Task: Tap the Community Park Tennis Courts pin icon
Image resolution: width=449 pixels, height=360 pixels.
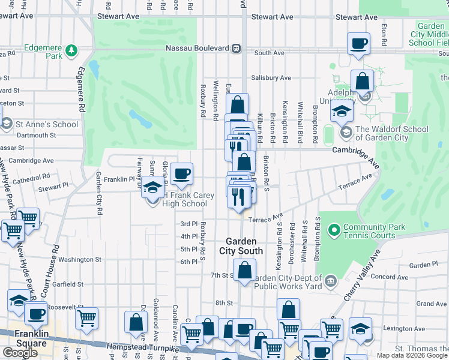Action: pos(333,229)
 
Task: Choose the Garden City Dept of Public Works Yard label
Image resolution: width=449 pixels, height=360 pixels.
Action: pos(290,281)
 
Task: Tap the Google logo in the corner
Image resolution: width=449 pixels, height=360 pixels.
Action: pos(20,353)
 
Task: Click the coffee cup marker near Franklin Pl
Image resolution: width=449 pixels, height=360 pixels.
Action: pos(181,174)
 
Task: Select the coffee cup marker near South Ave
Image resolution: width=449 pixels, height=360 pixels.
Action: pos(358,43)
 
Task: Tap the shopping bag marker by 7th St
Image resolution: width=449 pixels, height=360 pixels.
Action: pos(244,270)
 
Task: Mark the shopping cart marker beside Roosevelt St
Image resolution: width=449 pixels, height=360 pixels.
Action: pos(87,319)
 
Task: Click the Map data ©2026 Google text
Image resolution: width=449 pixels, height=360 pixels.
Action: pos(412,355)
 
